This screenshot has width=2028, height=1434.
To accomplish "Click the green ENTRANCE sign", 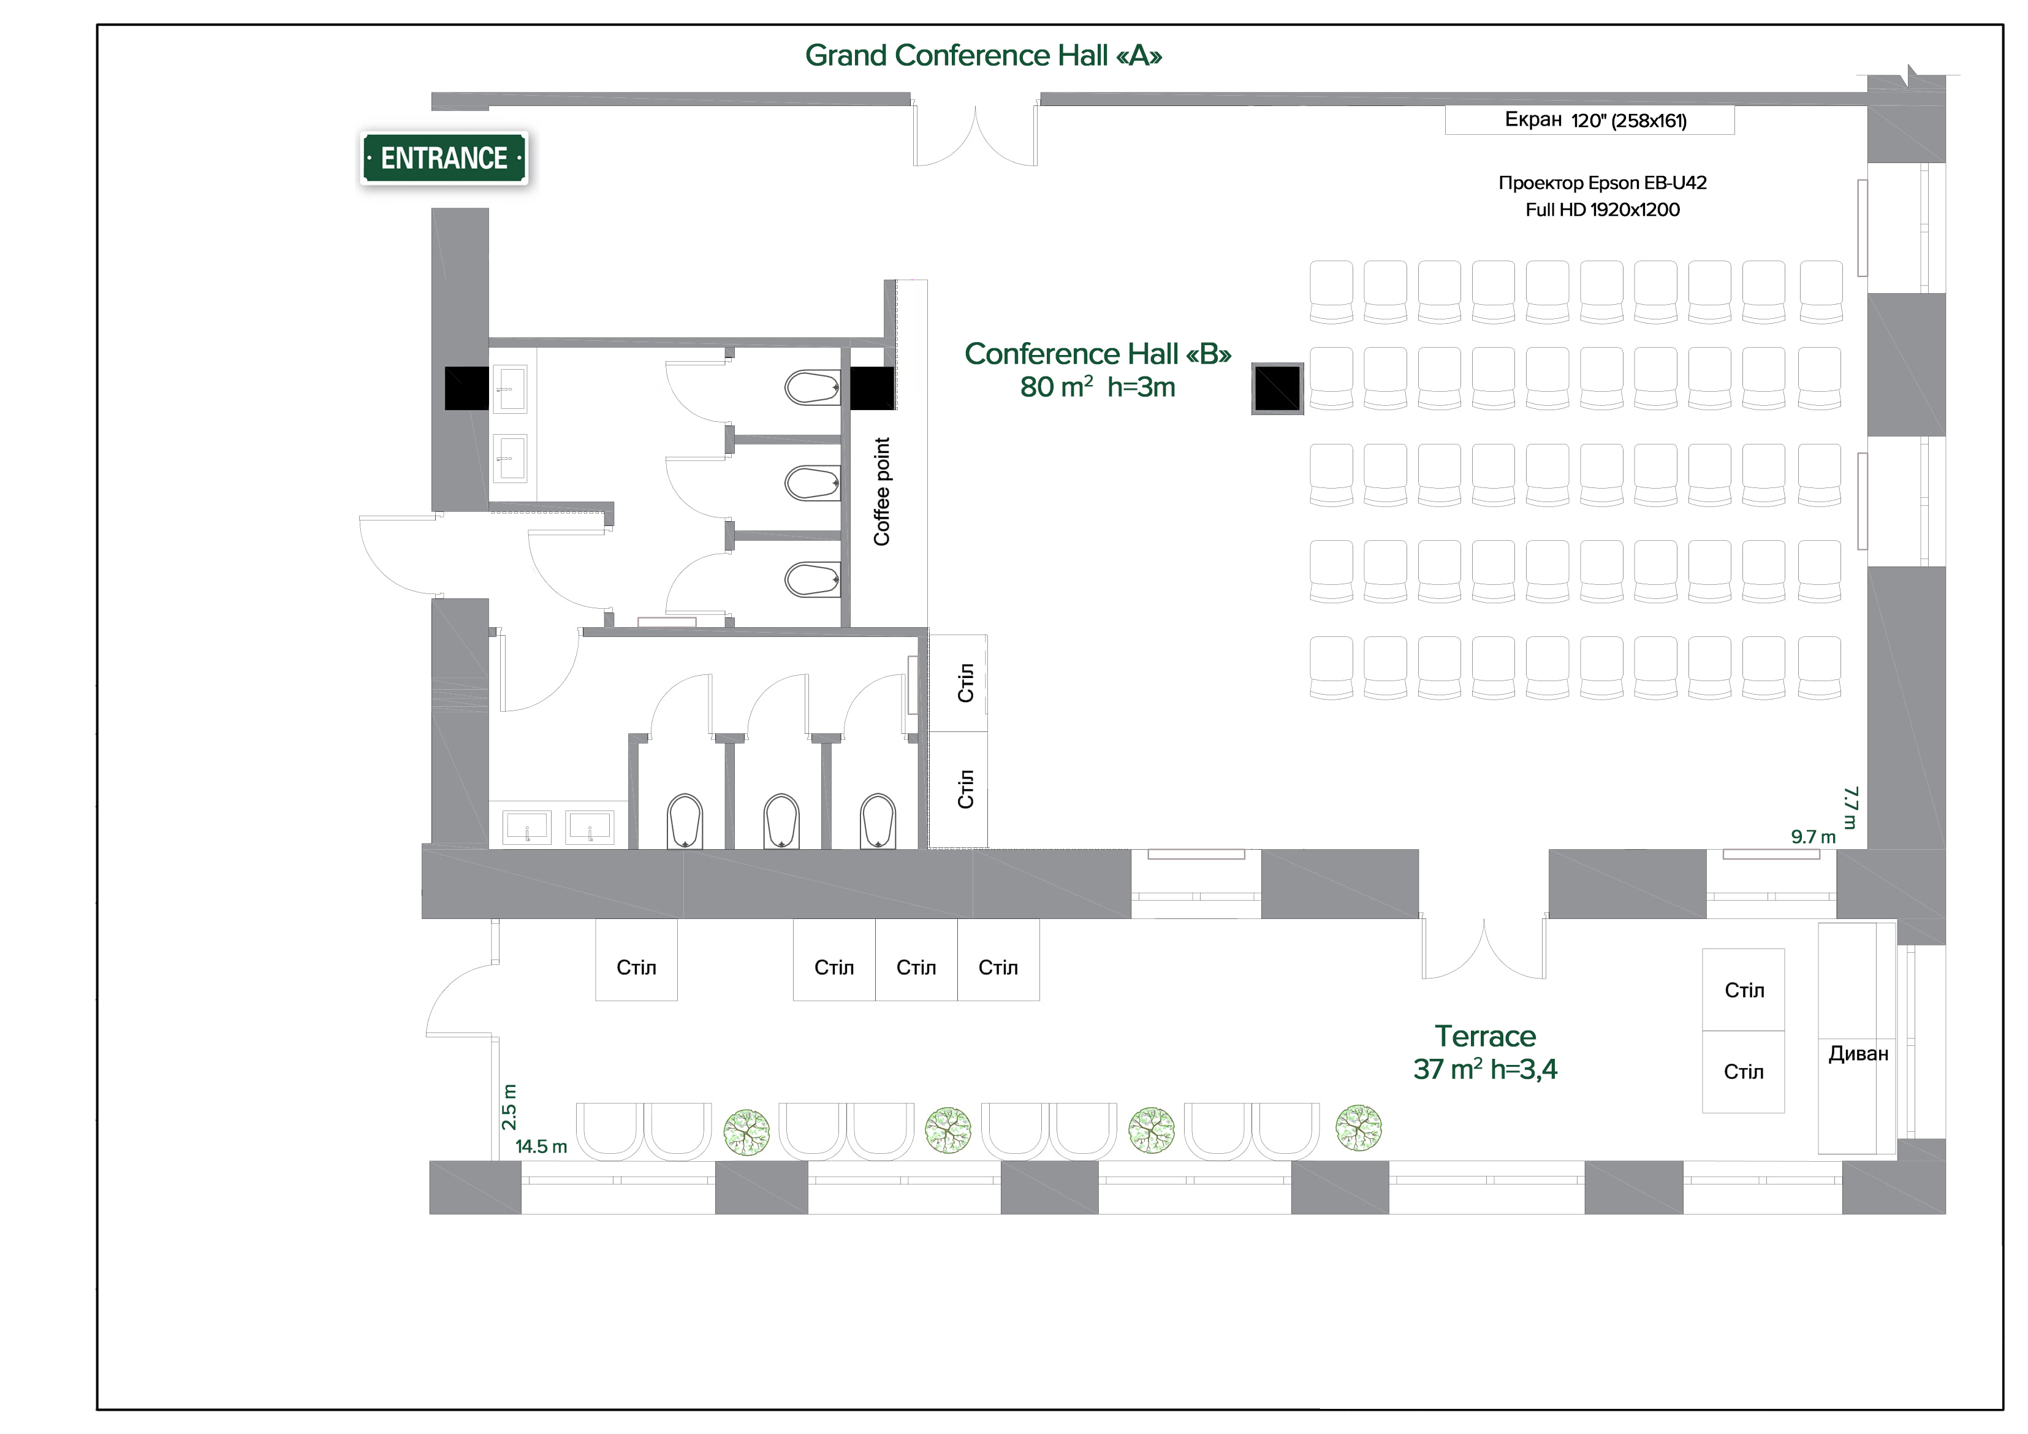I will click(444, 158).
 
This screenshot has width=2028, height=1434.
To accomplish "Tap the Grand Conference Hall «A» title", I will click(982, 56).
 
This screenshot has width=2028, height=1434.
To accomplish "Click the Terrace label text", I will click(1485, 1035).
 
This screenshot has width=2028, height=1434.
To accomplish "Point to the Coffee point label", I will click(881, 491).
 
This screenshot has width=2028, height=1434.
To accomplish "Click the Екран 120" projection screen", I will click(1589, 120).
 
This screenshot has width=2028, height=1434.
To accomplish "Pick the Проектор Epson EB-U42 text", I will click(1602, 183).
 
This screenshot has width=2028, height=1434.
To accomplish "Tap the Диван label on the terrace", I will click(1858, 1053).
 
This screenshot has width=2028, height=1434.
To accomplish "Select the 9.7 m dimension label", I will click(1812, 837).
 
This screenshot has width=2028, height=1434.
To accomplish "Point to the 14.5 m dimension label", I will click(541, 1147).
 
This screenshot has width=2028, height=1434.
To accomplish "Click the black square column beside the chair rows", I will click(1277, 388).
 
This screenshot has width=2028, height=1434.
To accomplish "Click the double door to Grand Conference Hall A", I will click(975, 132).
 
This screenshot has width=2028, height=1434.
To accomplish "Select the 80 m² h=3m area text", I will click(1097, 387).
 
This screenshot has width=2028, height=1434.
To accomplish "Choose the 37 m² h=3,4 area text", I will click(1485, 1069).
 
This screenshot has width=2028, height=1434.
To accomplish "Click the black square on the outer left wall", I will click(466, 388).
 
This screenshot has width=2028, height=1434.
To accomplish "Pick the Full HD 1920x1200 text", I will click(1602, 210).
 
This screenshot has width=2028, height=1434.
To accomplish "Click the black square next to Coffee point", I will click(872, 388).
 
